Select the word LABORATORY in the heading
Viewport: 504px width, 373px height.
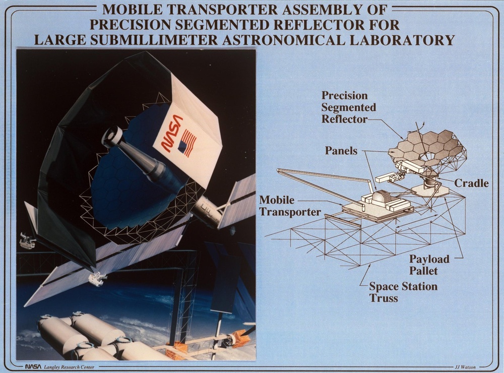pyautogui.click(x=397, y=40)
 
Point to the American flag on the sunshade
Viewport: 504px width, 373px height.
pyautogui.click(x=187, y=144)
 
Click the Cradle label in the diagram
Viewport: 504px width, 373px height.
pyautogui.click(x=472, y=183)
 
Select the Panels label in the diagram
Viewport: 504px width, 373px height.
pyautogui.click(x=341, y=151)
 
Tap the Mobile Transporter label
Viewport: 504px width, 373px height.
pyautogui.click(x=290, y=206)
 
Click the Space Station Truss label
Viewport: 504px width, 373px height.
pyautogui.click(x=403, y=292)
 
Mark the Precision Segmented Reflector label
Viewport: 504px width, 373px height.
pyautogui.click(x=349, y=107)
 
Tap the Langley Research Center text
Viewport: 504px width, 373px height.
pyautogui.click(x=69, y=367)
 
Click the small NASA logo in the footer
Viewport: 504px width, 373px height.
pyautogui.click(x=33, y=366)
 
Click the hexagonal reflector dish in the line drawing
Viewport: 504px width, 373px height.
pyautogui.click(x=424, y=146)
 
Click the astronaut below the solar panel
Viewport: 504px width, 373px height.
pyautogui.click(x=96, y=279)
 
